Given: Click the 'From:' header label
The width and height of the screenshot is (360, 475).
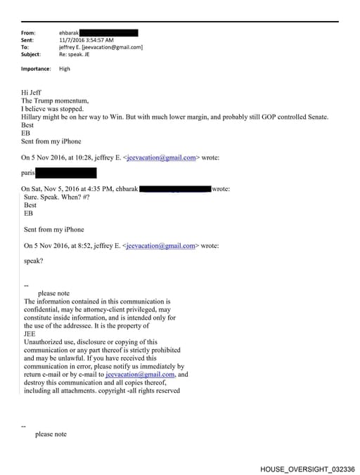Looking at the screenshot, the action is [x=28, y=33].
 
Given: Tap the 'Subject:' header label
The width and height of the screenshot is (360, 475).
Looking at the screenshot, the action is [x=32, y=54].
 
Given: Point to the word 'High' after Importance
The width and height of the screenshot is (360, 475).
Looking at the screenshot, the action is [x=65, y=69].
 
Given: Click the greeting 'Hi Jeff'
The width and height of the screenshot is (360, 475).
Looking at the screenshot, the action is [x=32, y=92].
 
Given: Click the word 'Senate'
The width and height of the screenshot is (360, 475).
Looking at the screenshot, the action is [x=316, y=117].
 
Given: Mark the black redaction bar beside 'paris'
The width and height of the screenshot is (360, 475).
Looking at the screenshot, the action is [x=65, y=173].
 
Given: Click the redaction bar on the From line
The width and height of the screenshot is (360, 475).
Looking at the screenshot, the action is [x=108, y=33].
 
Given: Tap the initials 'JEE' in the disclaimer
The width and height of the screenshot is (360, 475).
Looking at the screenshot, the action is [x=30, y=334].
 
